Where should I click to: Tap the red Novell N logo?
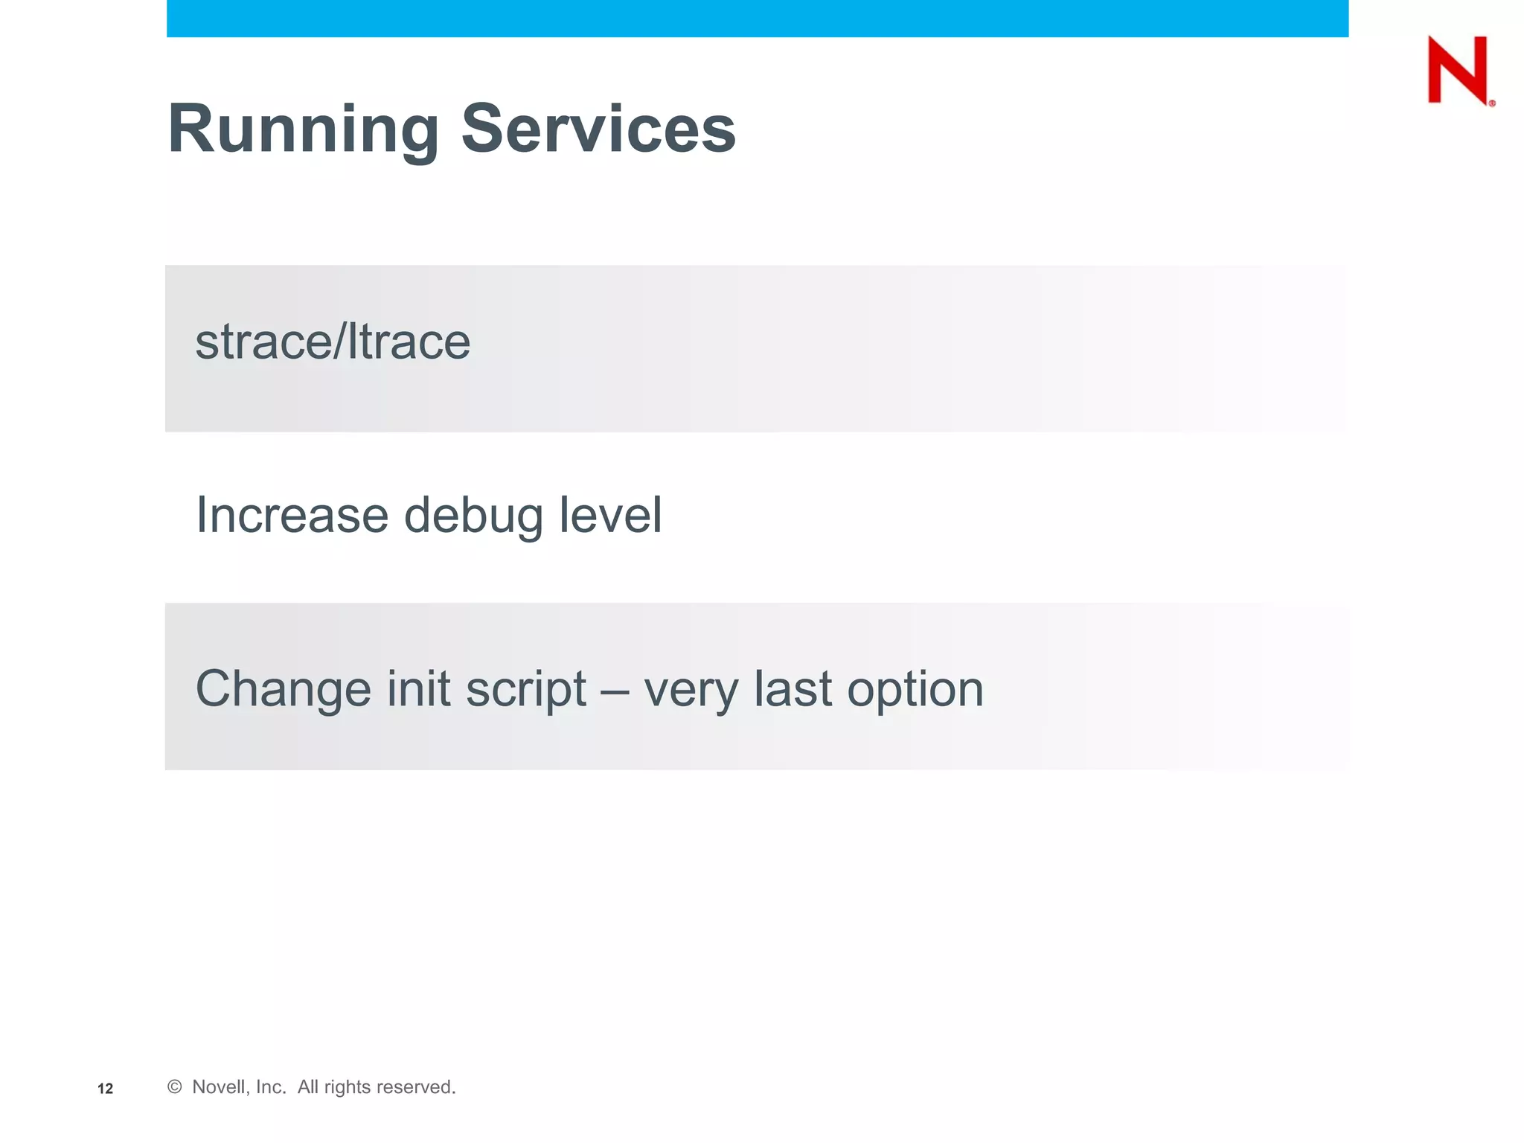1456,70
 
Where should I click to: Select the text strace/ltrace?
333,342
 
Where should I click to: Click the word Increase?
292,515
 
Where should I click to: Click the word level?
609,515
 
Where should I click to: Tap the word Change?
283,688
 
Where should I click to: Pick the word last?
793,688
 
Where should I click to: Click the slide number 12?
105,1089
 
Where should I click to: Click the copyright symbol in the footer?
175,1087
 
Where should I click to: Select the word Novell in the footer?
218,1087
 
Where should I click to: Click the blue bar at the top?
757,18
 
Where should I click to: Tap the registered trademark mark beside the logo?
1491,103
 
